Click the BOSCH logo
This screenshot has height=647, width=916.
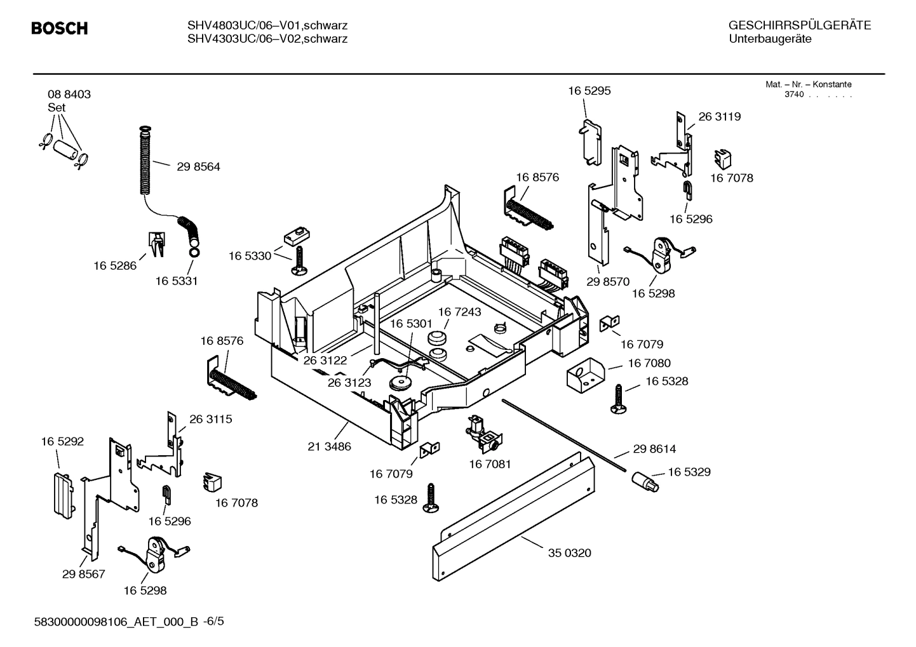60,29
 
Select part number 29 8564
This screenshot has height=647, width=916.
198,167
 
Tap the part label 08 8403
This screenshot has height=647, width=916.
69,95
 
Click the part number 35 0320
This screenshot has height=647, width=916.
569,553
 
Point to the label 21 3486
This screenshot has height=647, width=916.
329,446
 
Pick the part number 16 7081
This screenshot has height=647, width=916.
490,464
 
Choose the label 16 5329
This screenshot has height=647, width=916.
689,472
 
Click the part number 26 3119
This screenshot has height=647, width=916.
719,117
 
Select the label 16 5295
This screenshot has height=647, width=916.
589,91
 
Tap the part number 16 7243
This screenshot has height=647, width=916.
459,312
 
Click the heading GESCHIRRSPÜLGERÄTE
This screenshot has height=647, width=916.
799,26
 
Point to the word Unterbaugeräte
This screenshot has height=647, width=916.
770,39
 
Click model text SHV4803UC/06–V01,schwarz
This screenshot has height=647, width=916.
267,26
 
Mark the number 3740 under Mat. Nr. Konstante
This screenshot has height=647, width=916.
794,95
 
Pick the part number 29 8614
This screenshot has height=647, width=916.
654,449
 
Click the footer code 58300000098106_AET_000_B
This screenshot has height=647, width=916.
118,622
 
